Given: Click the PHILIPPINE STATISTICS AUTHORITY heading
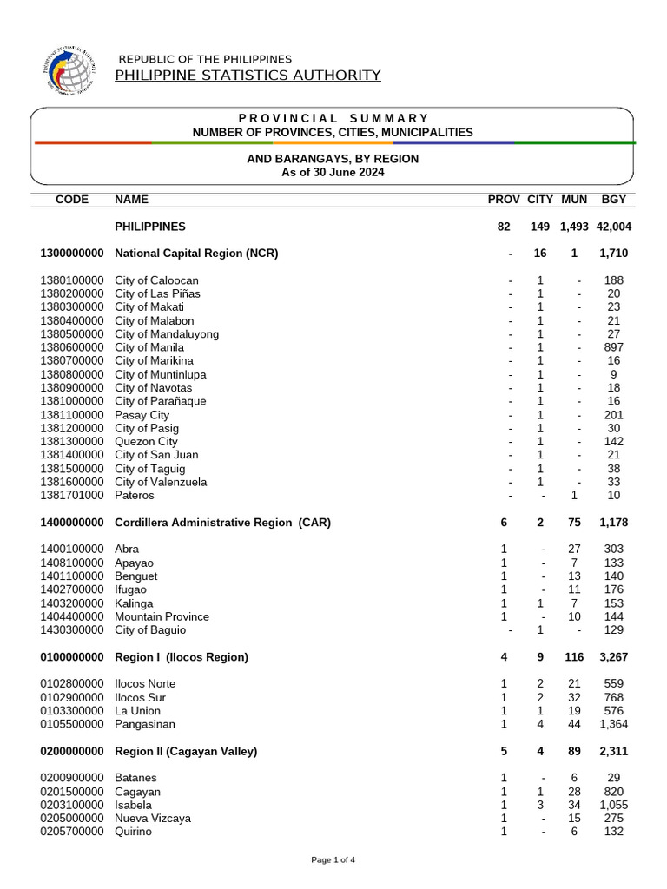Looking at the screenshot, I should [248, 76].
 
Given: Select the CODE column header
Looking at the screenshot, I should [72, 200].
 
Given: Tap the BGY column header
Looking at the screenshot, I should [613, 200].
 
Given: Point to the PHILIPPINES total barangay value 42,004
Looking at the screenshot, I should [613, 227].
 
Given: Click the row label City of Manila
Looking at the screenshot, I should [149, 347].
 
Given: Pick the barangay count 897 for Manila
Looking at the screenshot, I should [613, 347].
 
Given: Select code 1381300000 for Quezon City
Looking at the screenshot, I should [72, 442].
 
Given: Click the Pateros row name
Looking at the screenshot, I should [135, 496].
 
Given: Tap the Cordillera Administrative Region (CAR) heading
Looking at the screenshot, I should [222, 523].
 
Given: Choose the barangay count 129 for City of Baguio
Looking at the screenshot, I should [613, 630].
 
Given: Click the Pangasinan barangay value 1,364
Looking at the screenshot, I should [613, 724].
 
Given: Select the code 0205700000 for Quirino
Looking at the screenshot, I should [72, 832].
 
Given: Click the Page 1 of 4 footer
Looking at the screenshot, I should [333, 860].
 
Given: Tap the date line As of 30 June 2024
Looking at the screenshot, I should [333, 172].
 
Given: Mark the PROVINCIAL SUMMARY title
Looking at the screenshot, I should [333, 118].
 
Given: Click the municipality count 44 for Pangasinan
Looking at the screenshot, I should [574, 724].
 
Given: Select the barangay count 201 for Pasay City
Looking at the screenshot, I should [613, 415].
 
